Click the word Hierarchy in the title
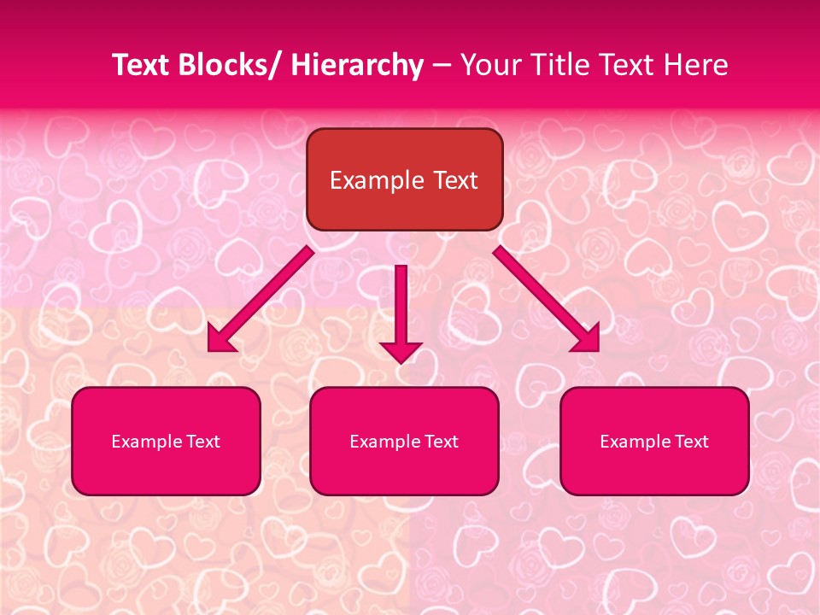[x=357, y=65]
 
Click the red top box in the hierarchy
[x=404, y=179]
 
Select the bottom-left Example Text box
[x=166, y=441]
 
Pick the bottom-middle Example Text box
[x=404, y=441]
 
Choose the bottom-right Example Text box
[x=654, y=441]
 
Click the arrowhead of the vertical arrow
[x=401, y=351]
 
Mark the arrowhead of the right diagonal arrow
[x=587, y=339]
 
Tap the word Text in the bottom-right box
[x=692, y=442]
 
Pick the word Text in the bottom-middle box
[x=442, y=442]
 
